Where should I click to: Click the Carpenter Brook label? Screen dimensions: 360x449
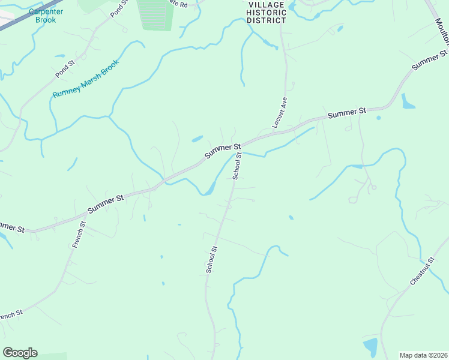(x=46, y=16)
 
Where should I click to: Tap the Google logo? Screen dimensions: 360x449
(x=20, y=353)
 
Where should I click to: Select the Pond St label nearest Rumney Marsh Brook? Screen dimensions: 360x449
(x=64, y=68)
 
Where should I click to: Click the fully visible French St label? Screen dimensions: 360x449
(x=79, y=235)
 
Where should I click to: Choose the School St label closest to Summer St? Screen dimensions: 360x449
(x=237, y=166)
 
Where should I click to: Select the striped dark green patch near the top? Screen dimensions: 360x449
(x=155, y=14)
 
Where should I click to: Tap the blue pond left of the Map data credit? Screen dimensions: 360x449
(x=370, y=347)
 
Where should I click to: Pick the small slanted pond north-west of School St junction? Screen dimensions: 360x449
(x=197, y=139)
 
